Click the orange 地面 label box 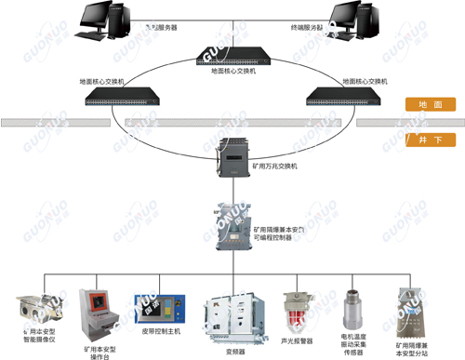[x=431, y=106]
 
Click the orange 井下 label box [x=431, y=140]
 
